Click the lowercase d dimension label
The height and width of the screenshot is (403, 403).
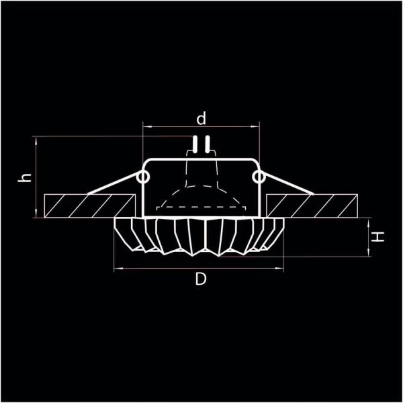tap(201, 119)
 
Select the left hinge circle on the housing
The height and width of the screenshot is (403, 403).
tap(143, 177)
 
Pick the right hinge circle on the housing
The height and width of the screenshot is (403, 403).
tap(259, 177)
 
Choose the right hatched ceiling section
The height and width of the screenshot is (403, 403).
tap(312, 204)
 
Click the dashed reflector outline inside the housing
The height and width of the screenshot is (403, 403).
tap(201, 195)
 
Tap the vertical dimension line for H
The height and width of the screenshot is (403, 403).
tap(368, 237)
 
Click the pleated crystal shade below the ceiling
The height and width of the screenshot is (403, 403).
tap(200, 235)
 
